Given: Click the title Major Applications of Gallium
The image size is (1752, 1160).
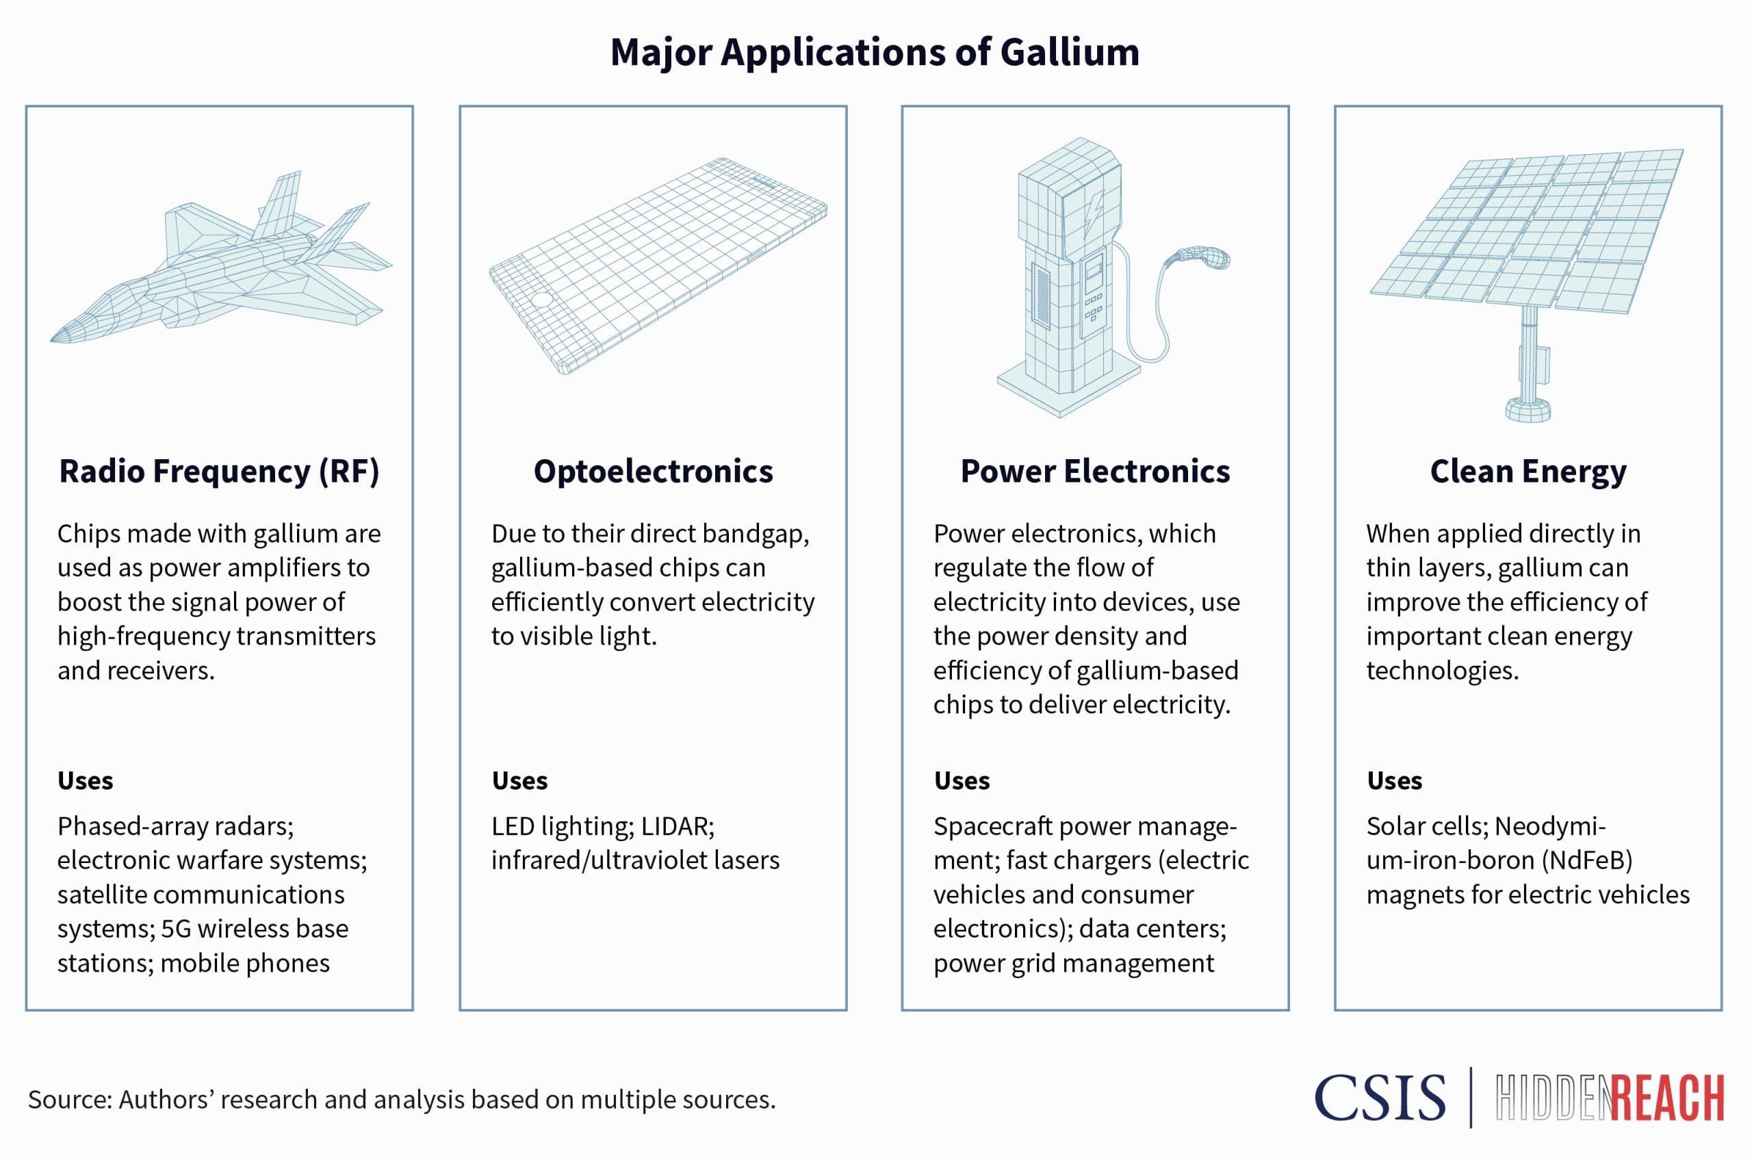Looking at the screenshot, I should point(875,53).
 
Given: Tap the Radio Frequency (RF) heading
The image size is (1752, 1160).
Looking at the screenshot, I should point(219,472).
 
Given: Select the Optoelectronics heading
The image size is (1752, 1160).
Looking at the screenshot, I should point(654,472).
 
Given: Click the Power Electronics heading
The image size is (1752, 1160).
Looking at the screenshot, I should point(1095,472).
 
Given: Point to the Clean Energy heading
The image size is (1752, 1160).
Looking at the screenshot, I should point(1528,472).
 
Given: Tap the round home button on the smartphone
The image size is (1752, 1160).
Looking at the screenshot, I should point(542,300).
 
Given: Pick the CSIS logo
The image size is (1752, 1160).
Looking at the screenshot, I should point(1380,1098).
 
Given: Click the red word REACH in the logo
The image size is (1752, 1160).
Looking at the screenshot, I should point(1668,1099).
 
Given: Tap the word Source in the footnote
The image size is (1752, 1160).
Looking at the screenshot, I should point(69,1100).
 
